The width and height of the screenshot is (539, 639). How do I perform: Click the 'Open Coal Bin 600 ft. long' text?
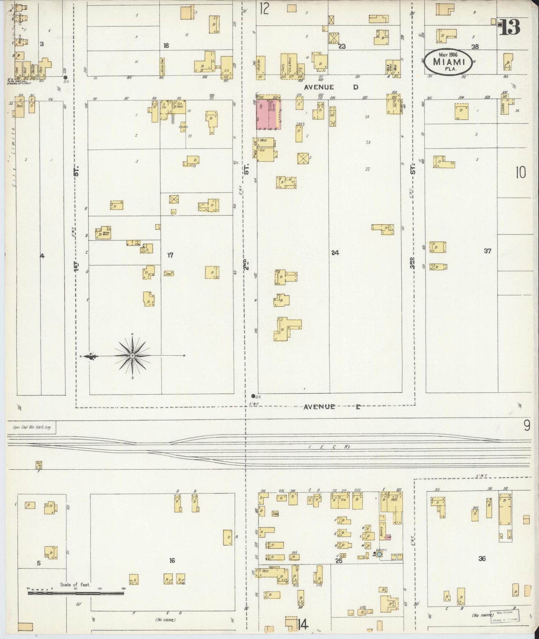(31, 428)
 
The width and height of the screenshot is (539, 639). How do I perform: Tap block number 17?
(170, 255)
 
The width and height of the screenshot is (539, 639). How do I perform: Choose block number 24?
(335, 253)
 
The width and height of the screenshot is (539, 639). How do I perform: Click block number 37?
(487, 251)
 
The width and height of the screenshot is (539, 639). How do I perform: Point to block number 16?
(172, 560)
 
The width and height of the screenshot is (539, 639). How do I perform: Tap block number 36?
(482, 558)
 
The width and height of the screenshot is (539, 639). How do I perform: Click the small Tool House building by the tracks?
(38, 465)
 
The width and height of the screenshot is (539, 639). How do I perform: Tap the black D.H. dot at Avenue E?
(253, 396)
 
